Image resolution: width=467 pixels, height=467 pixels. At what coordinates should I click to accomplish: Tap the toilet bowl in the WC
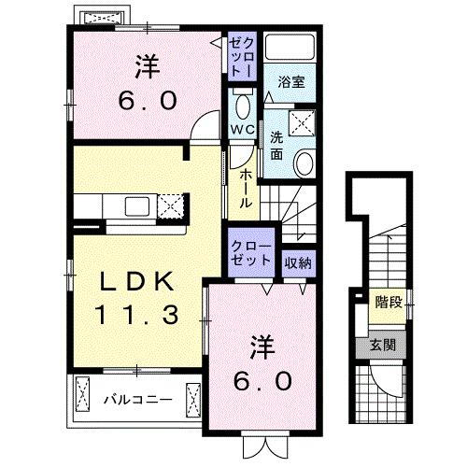tap(242, 104)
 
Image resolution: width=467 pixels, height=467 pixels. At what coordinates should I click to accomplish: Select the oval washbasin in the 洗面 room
tap(304, 164)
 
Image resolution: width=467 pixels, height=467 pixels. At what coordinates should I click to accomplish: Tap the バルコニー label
tap(136, 400)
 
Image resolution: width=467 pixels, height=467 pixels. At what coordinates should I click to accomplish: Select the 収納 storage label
tap(298, 262)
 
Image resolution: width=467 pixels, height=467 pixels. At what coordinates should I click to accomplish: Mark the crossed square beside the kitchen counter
tap(170, 205)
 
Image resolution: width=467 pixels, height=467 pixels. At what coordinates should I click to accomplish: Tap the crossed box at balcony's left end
tap(81, 398)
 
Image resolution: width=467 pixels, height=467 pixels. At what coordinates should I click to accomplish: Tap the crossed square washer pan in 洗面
tap(303, 120)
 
